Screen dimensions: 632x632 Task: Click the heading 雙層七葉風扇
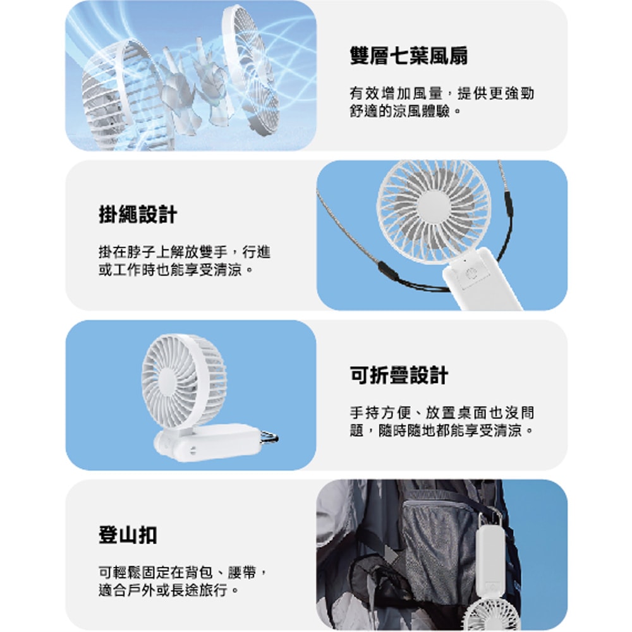pos(408,56)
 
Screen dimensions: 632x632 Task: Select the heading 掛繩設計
pos(138,215)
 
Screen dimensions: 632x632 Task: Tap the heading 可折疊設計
pos(399,375)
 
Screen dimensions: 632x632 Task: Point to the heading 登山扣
pos(128,535)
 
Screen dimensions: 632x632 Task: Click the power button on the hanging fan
pos(470,274)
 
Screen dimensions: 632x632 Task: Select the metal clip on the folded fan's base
pos(269,436)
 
